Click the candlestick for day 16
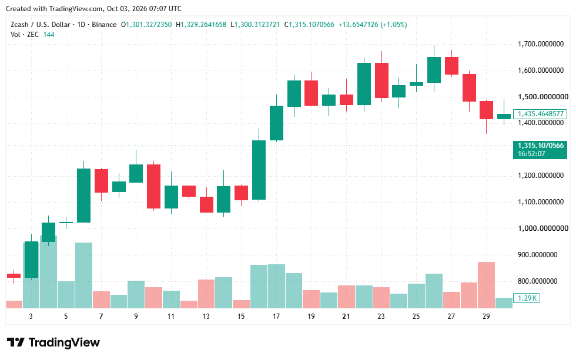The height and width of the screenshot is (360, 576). click(259, 170)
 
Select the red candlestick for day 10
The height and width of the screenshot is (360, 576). click(153, 186)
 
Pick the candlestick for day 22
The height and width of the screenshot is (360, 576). click(364, 84)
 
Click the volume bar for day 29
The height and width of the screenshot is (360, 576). click(487, 285)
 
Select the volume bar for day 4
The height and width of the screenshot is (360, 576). click(48, 272)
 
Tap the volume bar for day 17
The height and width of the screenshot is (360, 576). click(276, 286)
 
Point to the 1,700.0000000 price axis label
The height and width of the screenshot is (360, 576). click(541, 44)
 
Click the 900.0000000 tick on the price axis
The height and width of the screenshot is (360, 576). click(537, 255)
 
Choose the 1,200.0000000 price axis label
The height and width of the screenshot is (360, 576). click(541, 176)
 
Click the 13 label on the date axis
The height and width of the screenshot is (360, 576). click(206, 317)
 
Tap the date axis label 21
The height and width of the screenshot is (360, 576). click(346, 317)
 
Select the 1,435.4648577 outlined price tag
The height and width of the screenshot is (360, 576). click(540, 114)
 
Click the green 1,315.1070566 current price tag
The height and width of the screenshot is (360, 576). click(540, 149)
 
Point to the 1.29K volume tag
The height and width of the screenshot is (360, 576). click(527, 298)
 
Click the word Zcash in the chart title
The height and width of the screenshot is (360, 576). click(19, 25)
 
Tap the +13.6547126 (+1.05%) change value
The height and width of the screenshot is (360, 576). click(373, 25)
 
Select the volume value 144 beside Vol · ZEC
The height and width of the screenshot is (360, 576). click(49, 35)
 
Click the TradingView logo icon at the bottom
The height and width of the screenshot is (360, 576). click(16, 342)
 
